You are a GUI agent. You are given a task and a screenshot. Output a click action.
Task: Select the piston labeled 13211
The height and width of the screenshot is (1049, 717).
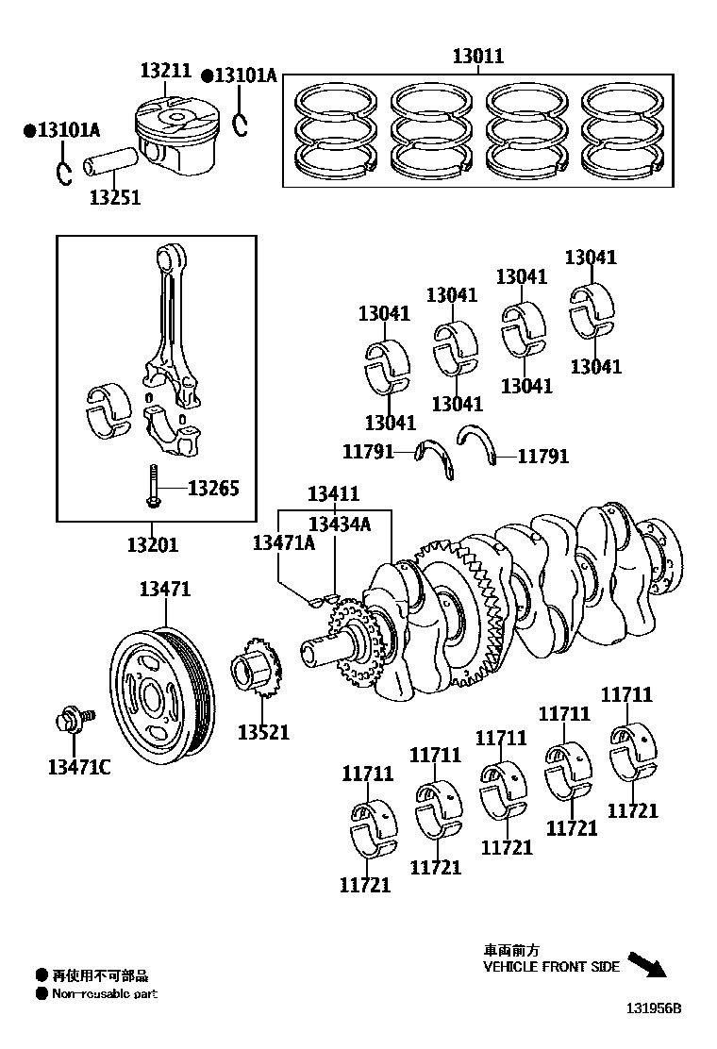174,138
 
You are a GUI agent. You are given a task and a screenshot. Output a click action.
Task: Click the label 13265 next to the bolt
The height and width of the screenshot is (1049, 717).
213,488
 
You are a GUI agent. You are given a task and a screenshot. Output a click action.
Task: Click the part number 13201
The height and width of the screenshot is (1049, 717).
152,544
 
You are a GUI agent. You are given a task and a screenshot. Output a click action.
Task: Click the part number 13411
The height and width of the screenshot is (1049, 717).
334,493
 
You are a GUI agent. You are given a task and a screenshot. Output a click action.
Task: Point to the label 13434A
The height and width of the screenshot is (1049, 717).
340,524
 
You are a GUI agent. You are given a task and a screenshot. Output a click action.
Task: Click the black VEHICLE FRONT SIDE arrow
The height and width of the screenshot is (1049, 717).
646,965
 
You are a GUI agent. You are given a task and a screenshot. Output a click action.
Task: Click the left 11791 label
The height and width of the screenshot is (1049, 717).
367,452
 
